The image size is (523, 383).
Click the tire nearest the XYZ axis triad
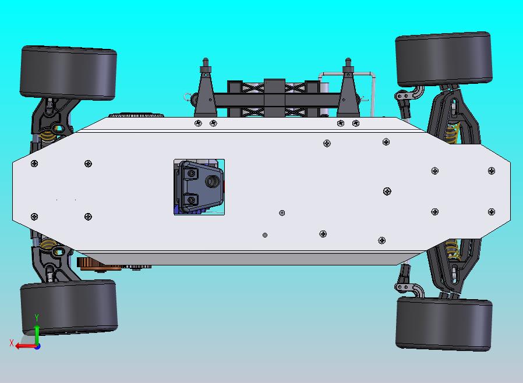coord(69,307)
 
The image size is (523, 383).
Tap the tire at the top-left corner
coord(68,72)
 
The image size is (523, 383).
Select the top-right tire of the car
coord(443,58)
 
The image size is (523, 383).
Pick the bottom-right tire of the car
coord(443,324)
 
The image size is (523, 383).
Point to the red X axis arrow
coord(23,346)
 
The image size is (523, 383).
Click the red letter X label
coord(12,343)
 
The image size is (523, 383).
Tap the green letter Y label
coord(37,318)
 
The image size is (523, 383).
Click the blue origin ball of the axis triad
coord(37,346)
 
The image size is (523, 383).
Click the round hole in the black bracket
coord(211,182)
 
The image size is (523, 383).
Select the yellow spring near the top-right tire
coord(452,132)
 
